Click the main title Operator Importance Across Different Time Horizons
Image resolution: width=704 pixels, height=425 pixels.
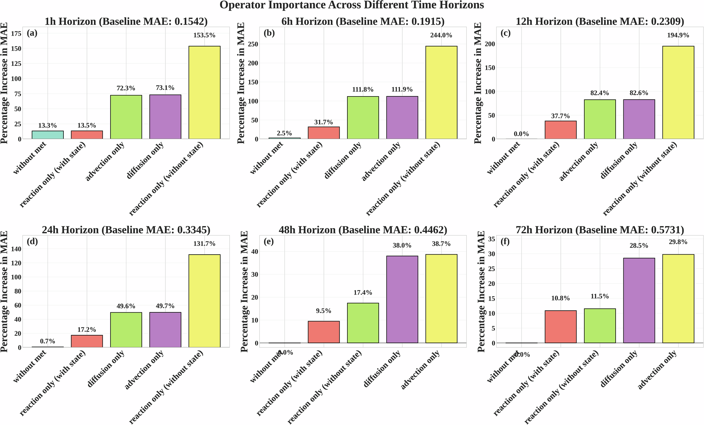[x=352, y=5]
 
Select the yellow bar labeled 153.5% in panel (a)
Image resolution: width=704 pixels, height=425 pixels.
[x=205, y=92]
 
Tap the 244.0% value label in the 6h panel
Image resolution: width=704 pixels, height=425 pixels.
[x=441, y=35]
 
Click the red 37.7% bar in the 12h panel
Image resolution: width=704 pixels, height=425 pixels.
[x=561, y=130]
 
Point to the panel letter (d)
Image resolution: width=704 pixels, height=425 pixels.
[x=32, y=242]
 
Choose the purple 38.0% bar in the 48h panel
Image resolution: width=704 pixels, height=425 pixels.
[x=402, y=299]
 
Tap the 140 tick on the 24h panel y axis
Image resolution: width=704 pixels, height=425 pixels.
[x=16, y=249]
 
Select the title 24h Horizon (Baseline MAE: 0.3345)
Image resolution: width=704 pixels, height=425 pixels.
[x=126, y=230]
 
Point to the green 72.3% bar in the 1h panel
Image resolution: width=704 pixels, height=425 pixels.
[x=126, y=117]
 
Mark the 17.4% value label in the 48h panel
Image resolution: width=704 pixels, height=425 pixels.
[x=363, y=293]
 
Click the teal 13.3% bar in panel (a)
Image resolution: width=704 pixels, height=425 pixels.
[x=48, y=135]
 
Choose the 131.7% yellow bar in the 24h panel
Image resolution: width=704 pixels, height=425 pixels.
[x=205, y=301]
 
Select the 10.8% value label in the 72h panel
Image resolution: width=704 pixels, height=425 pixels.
[x=560, y=298]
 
